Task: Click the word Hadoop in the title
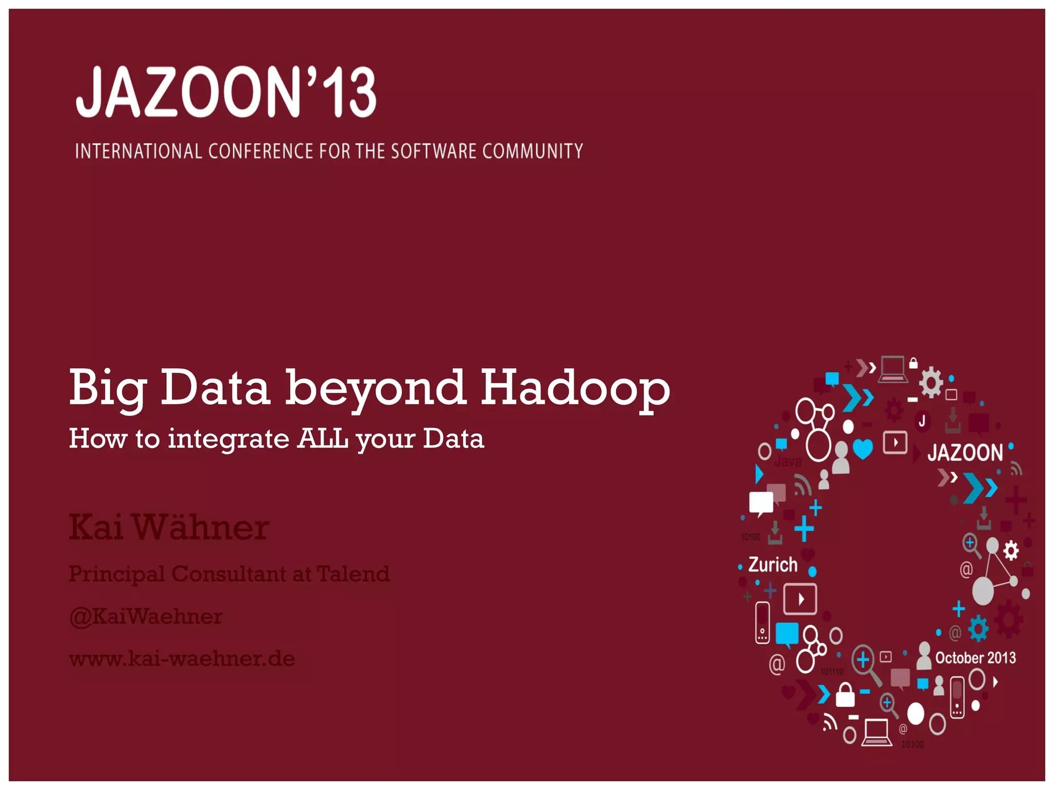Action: (x=575, y=388)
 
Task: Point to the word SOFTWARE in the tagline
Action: (x=433, y=151)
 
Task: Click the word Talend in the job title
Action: (x=353, y=574)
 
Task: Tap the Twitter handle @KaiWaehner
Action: (x=146, y=616)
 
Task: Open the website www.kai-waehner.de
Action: (x=182, y=659)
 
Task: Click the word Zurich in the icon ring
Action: (x=772, y=565)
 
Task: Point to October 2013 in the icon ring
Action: (x=975, y=658)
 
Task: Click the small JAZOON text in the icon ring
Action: (x=965, y=453)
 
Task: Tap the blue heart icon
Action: (x=863, y=448)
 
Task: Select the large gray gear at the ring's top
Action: (x=930, y=383)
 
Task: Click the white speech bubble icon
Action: (x=761, y=502)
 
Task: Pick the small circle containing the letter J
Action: (x=922, y=421)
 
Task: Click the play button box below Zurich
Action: (x=800, y=599)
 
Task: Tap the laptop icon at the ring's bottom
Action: (x=876, y=731)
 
